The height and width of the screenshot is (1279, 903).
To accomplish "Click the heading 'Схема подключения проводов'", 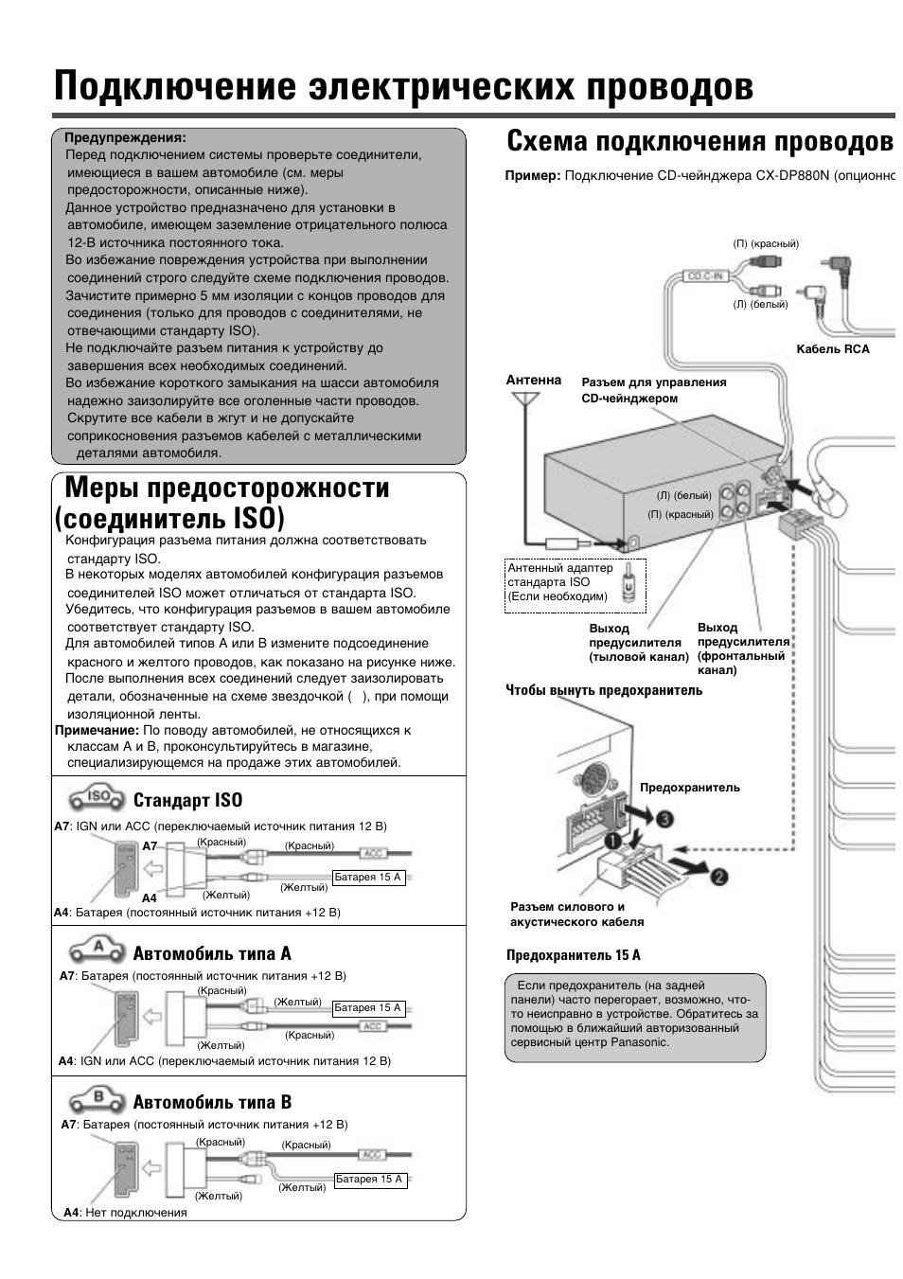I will tap(699, 142).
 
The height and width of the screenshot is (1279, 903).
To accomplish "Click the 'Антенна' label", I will tap(533, 380).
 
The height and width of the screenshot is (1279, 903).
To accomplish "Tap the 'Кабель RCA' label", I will tap(832, 349).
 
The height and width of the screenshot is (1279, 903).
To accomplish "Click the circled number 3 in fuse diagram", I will tap(666, 818).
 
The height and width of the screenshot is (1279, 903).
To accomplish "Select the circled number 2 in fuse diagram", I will tap(719, 877).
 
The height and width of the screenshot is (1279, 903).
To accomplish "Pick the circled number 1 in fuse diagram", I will tap(613, 840).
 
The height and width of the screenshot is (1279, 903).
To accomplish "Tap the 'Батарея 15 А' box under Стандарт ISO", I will tap(368, 878).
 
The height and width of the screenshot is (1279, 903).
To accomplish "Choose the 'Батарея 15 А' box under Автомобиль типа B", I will tap(369, 1180).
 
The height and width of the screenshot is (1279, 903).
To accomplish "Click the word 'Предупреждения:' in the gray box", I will tap(124, 137).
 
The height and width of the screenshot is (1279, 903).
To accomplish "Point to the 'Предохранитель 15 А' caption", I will tap(573, 955).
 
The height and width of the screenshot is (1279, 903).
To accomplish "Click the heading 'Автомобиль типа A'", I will tap(212, 953).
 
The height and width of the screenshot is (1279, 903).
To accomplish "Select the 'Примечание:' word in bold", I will tap(97, 730).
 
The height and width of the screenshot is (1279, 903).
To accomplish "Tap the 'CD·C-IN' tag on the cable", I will tap(705, 276).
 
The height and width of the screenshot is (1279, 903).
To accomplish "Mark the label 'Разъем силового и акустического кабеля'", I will tap(576, 914).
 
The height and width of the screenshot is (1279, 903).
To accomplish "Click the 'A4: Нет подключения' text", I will tap(125, 1212).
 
